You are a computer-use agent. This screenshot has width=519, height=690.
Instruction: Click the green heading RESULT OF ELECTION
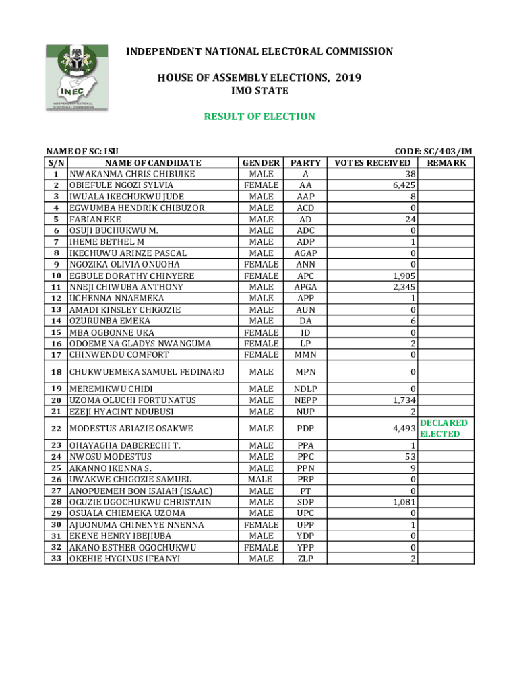click(259, 117)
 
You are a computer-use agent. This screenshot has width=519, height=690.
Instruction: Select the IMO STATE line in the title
click(259, 91)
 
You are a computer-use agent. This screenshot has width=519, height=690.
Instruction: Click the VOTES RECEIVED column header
click(373, 163)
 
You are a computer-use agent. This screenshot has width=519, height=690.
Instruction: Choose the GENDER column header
click(261, 163)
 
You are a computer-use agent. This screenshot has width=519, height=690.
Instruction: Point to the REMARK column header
click(446, 163)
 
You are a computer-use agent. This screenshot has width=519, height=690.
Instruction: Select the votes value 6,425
click(402, 185)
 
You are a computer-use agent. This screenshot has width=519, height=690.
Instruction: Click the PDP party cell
click(305, 429)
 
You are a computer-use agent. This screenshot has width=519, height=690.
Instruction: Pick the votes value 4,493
click(402, 429)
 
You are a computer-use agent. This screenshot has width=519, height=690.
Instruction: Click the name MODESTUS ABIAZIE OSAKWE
click(131, 429)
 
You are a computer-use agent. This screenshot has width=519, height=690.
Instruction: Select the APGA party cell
click(305, 287)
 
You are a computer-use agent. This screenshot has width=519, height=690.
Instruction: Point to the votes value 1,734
click(402, 400)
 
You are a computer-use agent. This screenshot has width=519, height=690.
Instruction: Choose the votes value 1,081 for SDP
click(402, 502)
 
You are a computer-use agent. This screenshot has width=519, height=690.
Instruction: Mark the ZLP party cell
click(305, 559)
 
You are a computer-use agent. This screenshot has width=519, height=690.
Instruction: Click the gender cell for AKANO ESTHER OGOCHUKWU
click(261, 547)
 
